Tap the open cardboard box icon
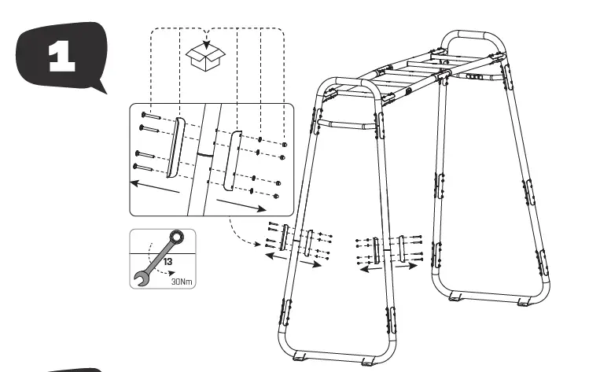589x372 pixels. click(205, 56)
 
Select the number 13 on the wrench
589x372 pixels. click(168, 256)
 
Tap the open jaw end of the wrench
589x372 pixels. click(142, 275)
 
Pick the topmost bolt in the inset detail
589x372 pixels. click(150, 116)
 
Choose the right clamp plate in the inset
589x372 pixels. click(232, 160)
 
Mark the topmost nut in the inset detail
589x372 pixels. click(285, 145)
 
